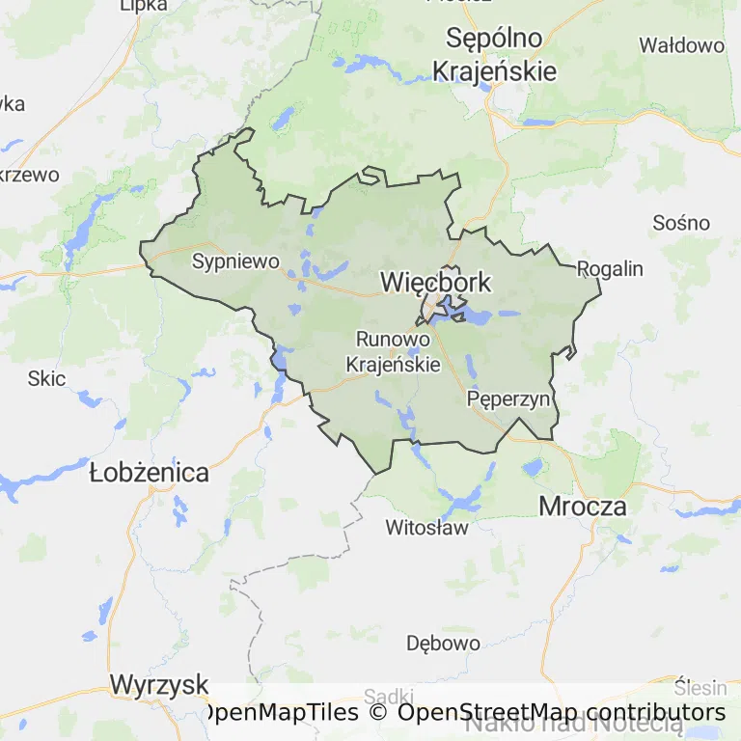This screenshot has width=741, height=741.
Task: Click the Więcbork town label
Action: point(436,283)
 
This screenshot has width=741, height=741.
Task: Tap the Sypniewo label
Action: point(235,261)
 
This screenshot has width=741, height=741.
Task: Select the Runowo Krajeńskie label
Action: point(393,351)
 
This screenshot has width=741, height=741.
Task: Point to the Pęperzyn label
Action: point(508,398)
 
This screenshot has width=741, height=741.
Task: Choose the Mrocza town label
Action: point(583,506)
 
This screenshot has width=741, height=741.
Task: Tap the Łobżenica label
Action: point(149,473)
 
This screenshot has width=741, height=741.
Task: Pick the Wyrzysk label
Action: point(159,685)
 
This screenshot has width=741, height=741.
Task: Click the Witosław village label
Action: point(426,528)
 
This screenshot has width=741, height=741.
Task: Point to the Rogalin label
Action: point(610,268)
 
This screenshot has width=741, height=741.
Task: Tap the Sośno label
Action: point(681,222)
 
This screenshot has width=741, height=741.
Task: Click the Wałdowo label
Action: point(682,45)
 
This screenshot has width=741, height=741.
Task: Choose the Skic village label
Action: point(46,378)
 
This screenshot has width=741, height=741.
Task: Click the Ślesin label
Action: point(700,688)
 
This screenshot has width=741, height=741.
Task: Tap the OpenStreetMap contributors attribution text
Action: point(562,712)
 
